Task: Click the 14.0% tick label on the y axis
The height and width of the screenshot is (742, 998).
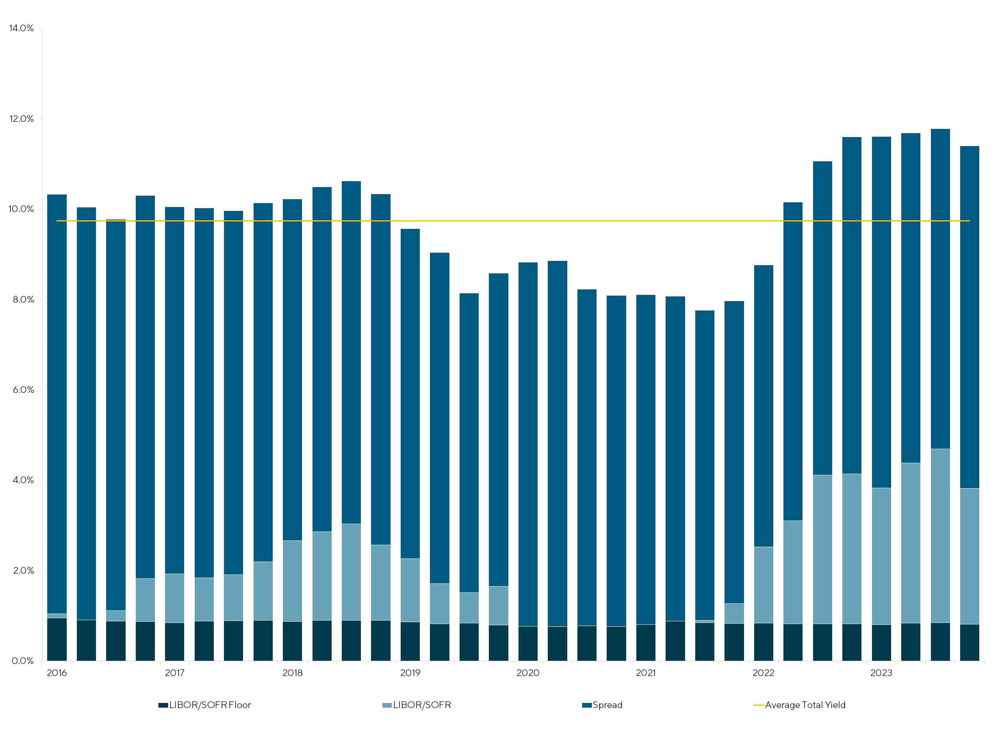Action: click(21, 28)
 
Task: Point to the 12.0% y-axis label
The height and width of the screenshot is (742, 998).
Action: click(21, 119)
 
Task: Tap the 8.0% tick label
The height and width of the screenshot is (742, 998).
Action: click(23, 300)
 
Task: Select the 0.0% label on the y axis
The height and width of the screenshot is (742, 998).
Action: click(23, 661)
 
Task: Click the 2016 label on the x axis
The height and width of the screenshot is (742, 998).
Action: click(57, 673)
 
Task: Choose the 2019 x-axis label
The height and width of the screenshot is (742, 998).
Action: click(410, 673)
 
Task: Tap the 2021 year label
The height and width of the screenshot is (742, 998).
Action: click(646, 673)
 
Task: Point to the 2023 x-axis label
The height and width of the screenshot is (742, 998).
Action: click(881, 673)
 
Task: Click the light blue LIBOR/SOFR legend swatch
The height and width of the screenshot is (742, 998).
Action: click(387, 705)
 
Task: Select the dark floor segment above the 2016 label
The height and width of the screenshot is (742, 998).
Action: click(57, 639)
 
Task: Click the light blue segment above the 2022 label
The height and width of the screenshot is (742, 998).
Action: click(763, 585)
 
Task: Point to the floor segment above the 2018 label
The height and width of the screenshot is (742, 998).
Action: click(293, 641)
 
